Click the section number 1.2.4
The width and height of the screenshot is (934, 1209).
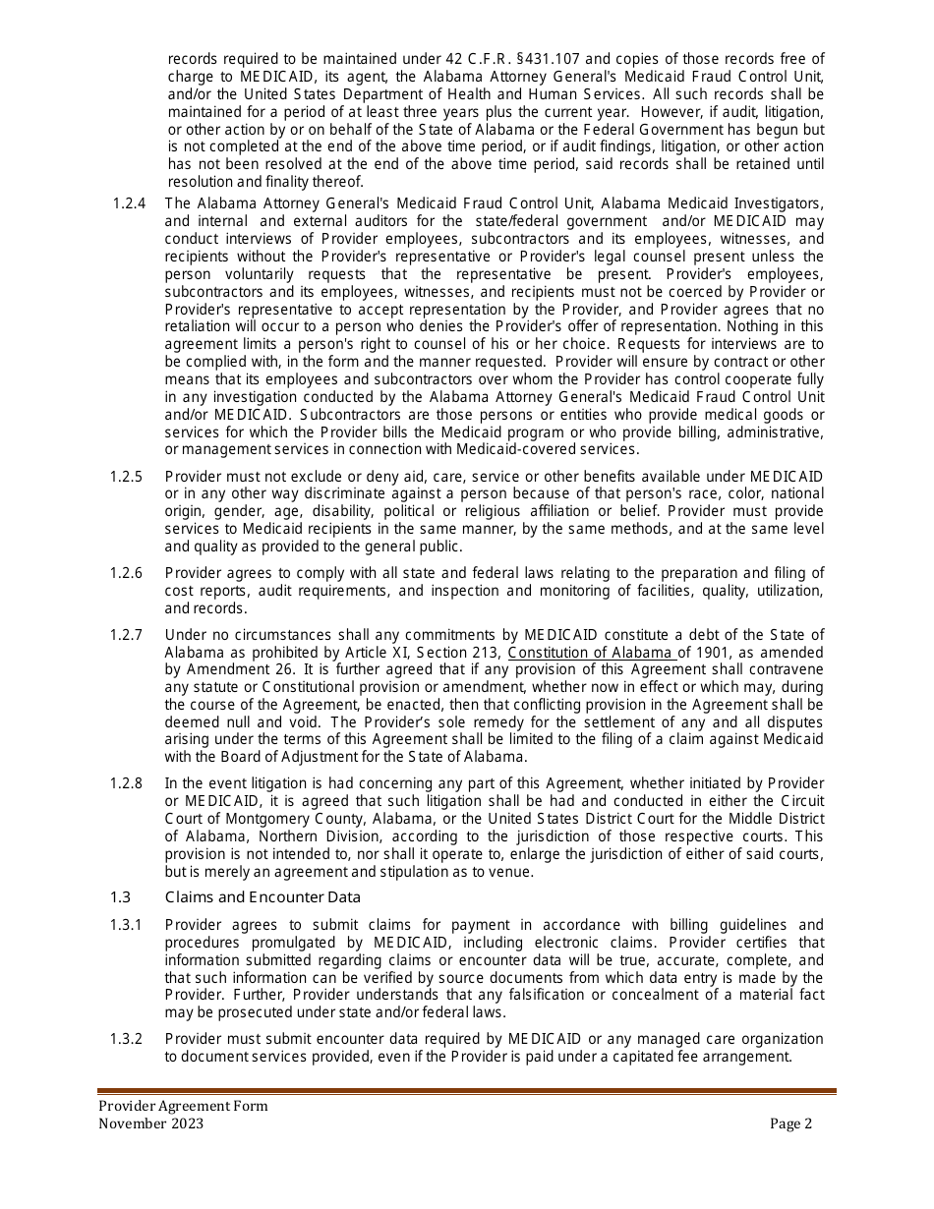[x=129, y=203]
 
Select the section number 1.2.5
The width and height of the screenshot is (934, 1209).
[x=126, y=477]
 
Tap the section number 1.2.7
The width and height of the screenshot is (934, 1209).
[x=126, y=635]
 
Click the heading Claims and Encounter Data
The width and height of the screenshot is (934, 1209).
[x=263, y=897]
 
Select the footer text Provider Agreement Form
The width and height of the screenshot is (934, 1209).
[x=183, y=1106]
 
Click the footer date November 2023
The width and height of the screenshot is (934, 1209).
[x=151, y=1124]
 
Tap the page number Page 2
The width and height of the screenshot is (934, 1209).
[x=791, y=1124]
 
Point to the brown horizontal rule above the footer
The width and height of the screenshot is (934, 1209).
[x=467, y=1091]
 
